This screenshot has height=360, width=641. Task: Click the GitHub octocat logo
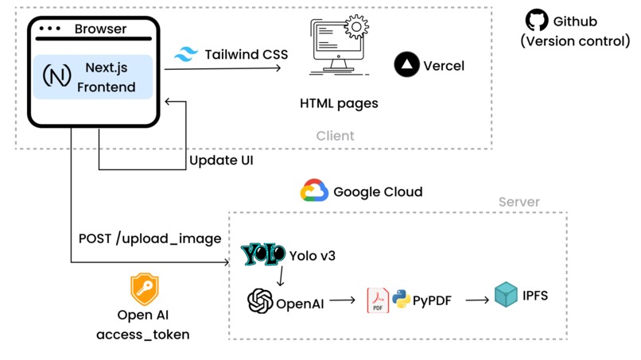pos(538,21)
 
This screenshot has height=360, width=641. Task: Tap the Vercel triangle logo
pos(407,65)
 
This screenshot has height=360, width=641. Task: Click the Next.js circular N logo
pos(55,77)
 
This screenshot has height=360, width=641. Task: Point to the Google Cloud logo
pos(315,192)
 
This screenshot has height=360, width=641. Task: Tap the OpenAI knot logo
pos(260,302)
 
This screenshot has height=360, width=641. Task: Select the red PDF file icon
pos(377,301)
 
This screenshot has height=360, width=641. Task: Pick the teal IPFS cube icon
pos(507,296)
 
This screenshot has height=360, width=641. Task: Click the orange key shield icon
pos(144,290)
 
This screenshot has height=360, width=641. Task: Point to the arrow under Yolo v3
pos(280,278)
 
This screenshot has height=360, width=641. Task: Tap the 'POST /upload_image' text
pos(150,238)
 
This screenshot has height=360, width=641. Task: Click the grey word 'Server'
pos(519,202)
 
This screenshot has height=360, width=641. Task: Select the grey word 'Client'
pos(335,136)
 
